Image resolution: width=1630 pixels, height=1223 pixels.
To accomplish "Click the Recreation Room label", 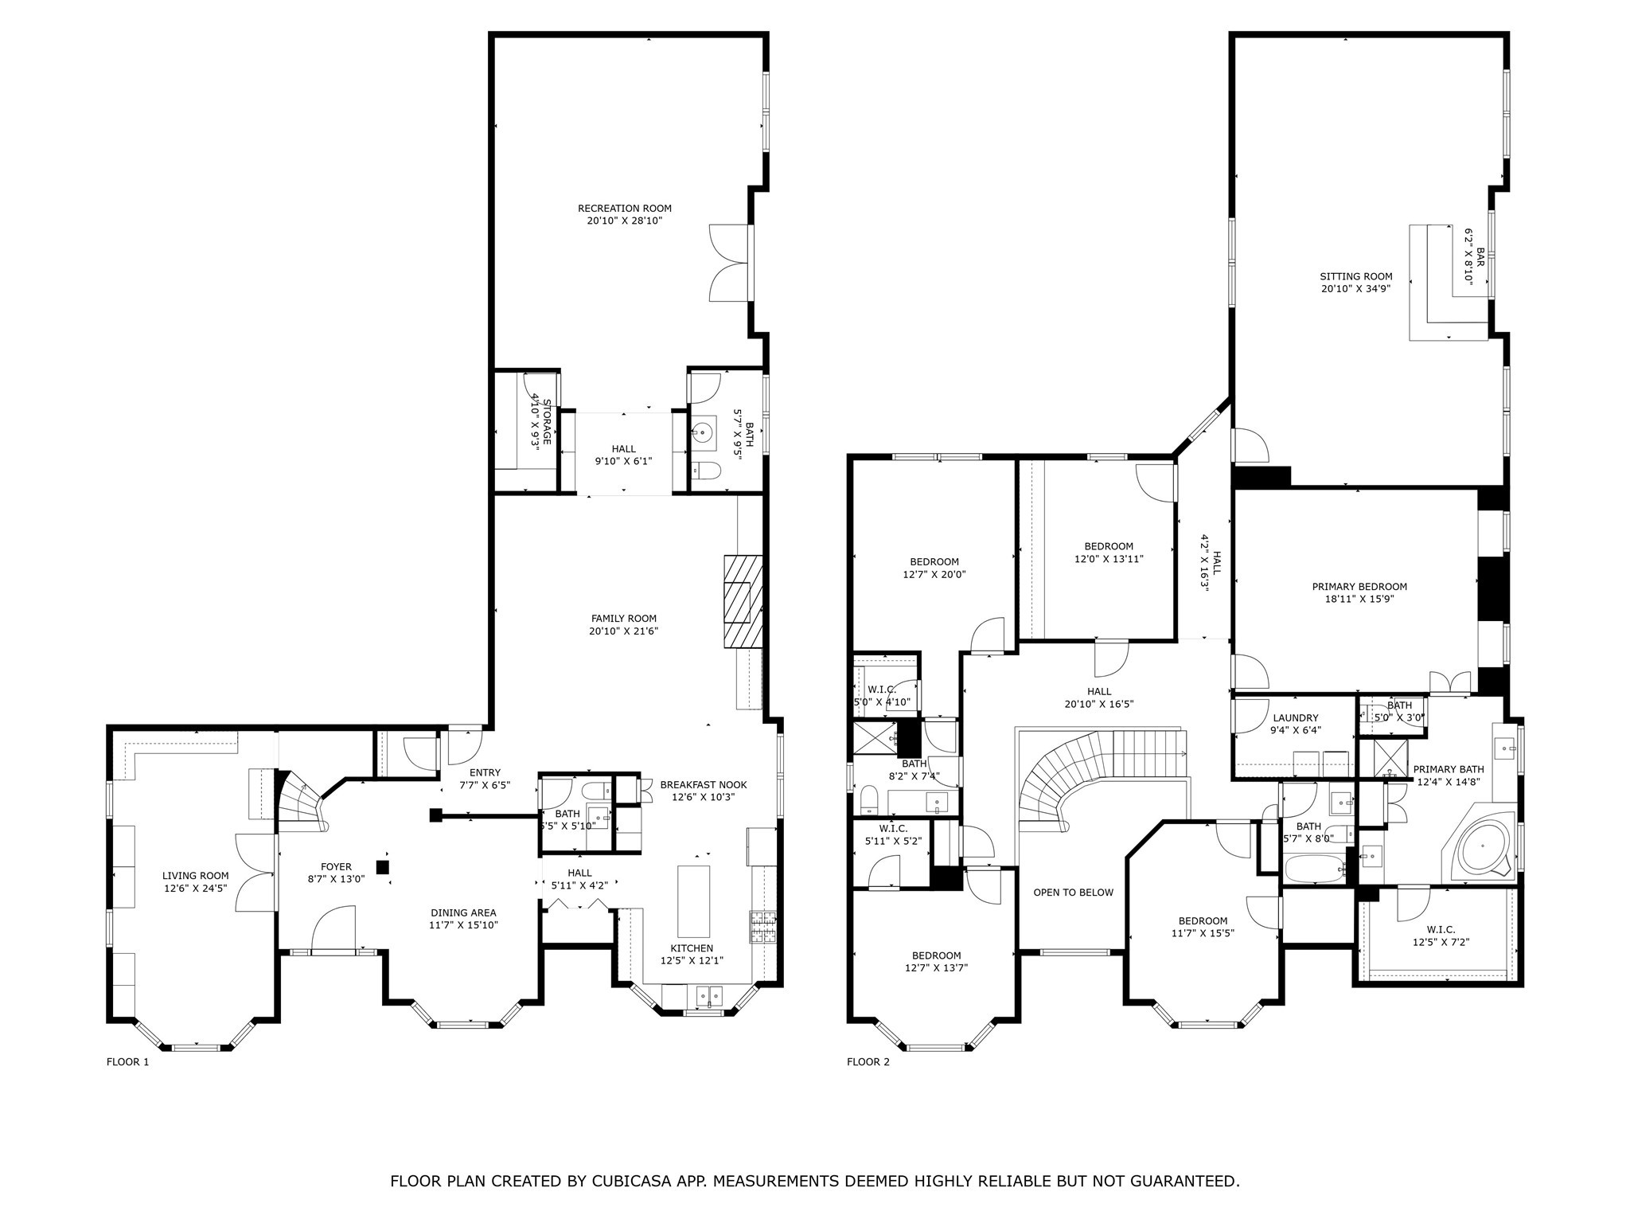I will click(x=624, y=209).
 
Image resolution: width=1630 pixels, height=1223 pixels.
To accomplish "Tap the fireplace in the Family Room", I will click(x=743, y=602).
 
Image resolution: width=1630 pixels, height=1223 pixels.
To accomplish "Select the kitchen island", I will click(x=693, y=901).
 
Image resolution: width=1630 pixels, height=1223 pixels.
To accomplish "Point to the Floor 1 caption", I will click(x=127, y=1061).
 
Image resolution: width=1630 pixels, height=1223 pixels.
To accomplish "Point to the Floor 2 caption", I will click(x=868, y=1061).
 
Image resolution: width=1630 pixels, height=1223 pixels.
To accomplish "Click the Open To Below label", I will click(x=1073, y=892).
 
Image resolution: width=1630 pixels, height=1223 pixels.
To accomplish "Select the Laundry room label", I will click(x=1295, y=717).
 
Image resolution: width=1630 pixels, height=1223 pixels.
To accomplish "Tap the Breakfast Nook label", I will click(x=703, y=784).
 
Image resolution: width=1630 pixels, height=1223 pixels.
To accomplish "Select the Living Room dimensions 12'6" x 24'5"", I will click(x=196, y=887).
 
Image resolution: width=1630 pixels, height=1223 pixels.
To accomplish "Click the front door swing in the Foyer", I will click(x=333, y=929).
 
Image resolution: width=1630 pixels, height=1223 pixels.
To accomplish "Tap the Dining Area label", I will click(x=463, y=912).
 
